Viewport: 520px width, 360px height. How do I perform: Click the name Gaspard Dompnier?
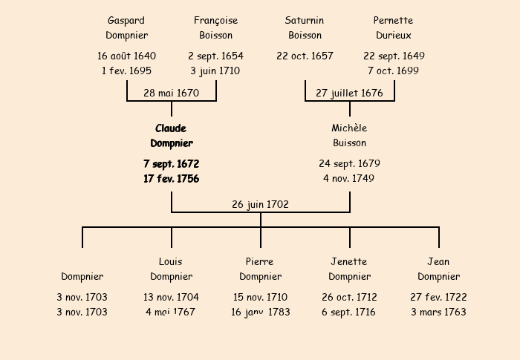click(127, 28)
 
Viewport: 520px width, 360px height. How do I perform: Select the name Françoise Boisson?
click(216, 28)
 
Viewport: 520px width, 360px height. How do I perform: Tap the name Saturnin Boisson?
click(305, 28)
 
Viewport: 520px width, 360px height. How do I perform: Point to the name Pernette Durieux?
click(393, 28)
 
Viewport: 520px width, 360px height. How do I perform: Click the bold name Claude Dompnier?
click(172, 136)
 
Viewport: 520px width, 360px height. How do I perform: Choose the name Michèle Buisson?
click(350, 136)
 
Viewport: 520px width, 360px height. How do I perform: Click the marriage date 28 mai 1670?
click(171, 93)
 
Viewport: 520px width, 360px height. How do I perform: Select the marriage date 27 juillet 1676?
click(350, 93)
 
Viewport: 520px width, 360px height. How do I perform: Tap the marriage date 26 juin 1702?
click(260, 205)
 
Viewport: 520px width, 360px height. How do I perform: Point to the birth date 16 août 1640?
click(127, 56)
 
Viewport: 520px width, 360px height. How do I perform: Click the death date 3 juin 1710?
click(215, 71)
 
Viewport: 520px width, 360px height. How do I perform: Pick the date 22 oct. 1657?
click(305, 56)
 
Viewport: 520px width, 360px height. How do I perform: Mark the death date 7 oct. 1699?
click(393, 71)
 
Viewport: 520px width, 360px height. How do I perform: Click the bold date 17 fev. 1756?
click(172, 179)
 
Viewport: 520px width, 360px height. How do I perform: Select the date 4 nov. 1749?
click(349, 179)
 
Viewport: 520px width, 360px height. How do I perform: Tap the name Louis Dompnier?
click(172, 269)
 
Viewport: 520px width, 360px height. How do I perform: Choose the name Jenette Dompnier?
click(350, 269)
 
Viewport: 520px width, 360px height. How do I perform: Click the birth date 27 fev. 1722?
click(438, 298)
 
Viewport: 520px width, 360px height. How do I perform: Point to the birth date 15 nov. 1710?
click(260, 298)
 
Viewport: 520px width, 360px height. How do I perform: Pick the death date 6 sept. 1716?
click(348, 312)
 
